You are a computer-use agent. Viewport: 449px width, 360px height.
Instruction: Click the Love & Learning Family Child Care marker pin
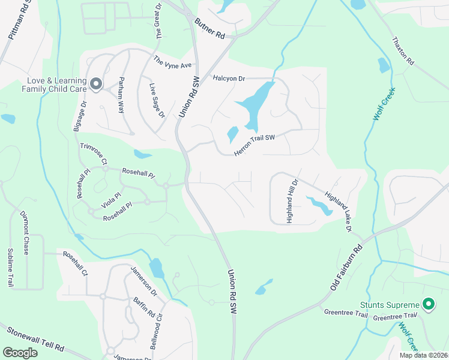tap(95, 83)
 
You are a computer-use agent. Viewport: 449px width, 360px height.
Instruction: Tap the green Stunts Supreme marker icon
tap(428, 305)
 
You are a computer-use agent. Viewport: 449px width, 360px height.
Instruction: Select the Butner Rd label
tap(209, 28)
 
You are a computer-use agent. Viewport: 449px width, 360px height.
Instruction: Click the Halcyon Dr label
tap(229, 79)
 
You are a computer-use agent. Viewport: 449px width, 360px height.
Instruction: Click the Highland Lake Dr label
tap(337, 211)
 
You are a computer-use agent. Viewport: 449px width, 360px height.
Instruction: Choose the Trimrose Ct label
tap(93, 154)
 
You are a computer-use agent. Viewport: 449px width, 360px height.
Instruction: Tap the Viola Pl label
tap(111, 200)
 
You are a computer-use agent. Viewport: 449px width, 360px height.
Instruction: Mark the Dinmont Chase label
tap(25, 232)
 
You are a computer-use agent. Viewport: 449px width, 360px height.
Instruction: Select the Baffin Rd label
tap(144, 307)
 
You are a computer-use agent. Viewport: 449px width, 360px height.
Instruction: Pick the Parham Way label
tap(121, 95)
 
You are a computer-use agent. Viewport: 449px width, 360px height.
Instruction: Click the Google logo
tap(20, 353)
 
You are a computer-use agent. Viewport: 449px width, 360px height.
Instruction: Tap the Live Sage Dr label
tap(157, 100)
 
